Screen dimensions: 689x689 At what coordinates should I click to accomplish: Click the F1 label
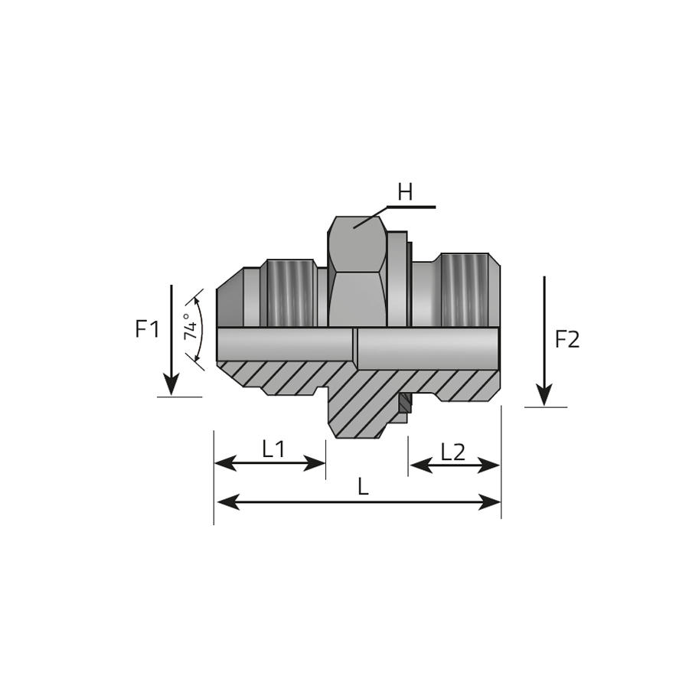pyautogui.click(x=147, y=328)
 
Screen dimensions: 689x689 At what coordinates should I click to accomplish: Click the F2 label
pyautogui.click(x=567, y=339)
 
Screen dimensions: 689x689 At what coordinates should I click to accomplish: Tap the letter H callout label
pyautogui.click(x=405, y=192)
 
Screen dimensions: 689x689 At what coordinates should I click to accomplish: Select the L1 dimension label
pyautogui.click(x=273, y=449)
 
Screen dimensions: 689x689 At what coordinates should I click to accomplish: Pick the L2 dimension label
pyautogui.click(x=452, y=452)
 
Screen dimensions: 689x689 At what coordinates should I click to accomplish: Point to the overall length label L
pyautogui.click(x=363, y=486)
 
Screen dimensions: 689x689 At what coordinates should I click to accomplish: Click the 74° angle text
pyautogui.click(x=191, y=327)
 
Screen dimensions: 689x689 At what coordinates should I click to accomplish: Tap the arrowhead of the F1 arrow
pyautogui.click(x=171, y=384)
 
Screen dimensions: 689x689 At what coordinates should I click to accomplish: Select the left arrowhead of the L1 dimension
pyautogui.click(x=225, y=463)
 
